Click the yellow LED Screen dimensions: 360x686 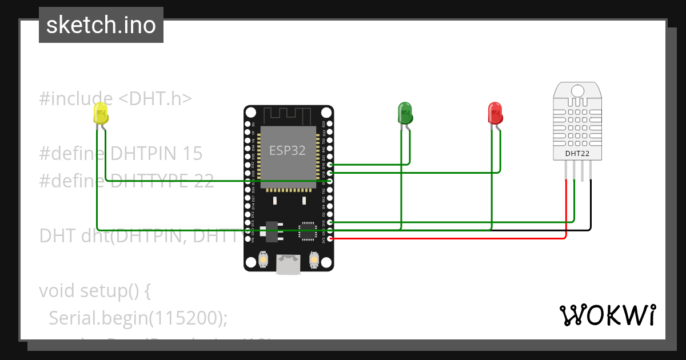click(101, 113)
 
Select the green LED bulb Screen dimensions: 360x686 click(405, 113)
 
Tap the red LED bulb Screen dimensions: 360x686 click(495, 113)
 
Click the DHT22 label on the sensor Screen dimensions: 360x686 click(577, 153)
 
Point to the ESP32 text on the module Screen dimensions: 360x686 click(288, 150)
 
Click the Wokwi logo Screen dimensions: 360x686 click(607, 315)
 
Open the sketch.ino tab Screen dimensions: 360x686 click(101, 25)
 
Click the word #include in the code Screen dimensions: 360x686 click(75, 98)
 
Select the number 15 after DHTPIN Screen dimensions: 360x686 click(192, 153)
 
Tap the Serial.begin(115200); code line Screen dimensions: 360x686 click(138, 318)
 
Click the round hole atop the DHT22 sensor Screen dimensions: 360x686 click(577, 91)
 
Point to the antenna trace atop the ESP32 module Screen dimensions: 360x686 click(288, 116)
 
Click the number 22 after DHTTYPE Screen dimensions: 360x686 click(204, 181)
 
